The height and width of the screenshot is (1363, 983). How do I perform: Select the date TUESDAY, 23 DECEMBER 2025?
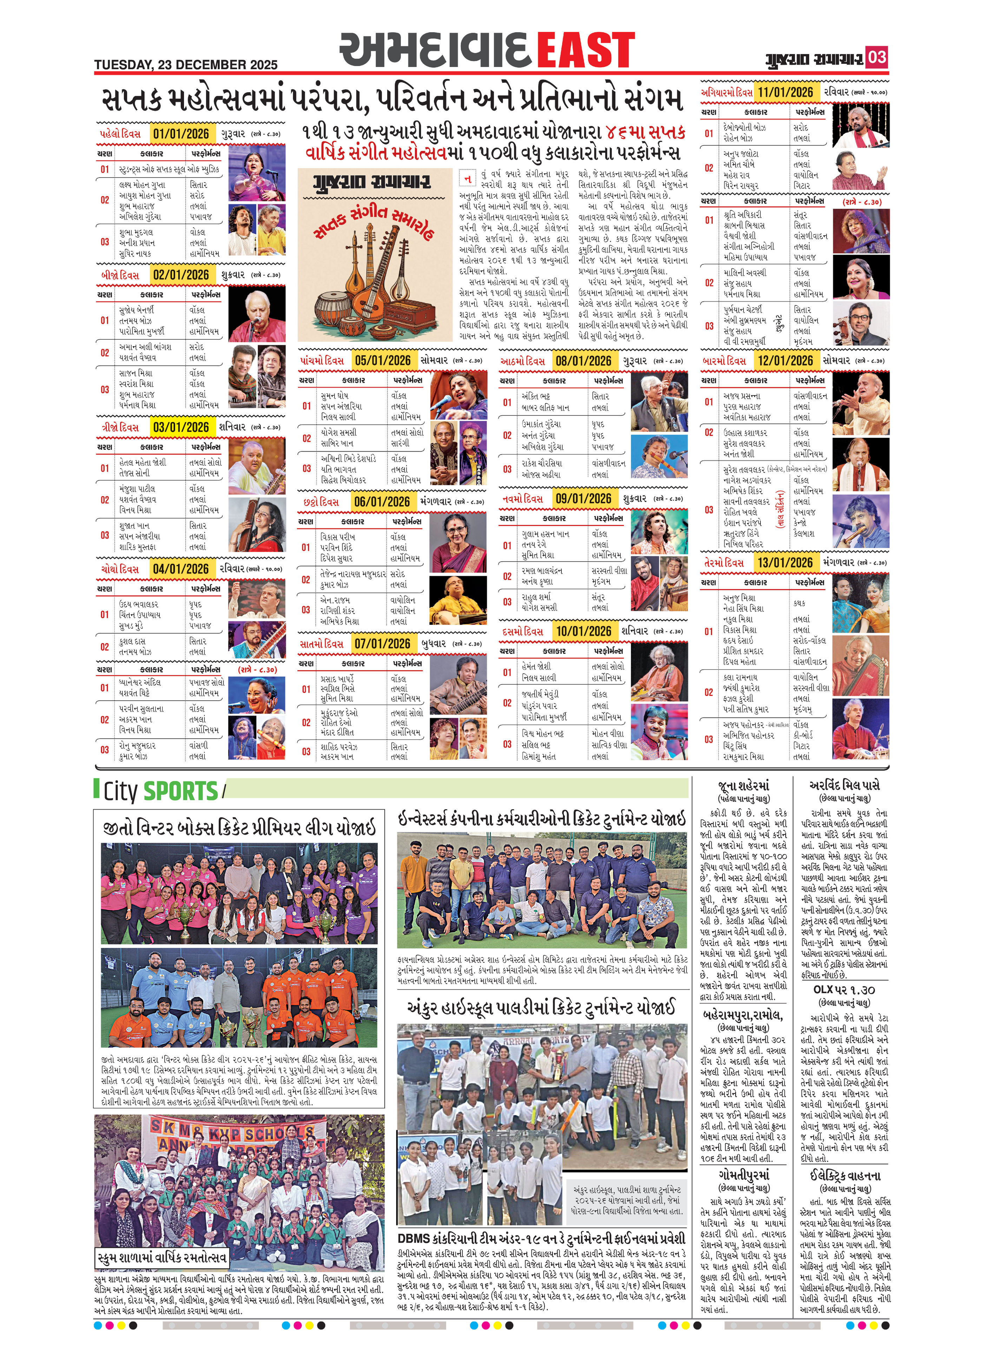coord(186,64)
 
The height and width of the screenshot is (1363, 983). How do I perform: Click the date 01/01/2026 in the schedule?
coord(180,133)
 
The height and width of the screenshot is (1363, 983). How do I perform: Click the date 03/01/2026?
coord(180,427)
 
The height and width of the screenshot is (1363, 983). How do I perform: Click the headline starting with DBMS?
coord(541,1238)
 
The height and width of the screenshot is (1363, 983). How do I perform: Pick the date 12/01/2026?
coord(785,361)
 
